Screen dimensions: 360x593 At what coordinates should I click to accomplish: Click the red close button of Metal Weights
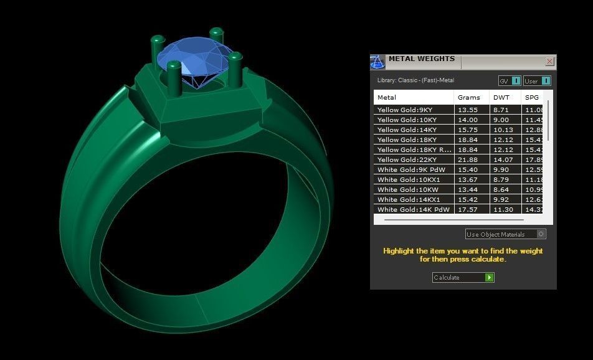coord(549,61)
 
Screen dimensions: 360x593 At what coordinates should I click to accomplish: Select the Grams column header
coord(469,97)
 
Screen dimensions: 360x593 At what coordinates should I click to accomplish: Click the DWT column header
coord(501,97)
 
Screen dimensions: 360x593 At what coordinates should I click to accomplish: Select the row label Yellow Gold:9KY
coord(404,110)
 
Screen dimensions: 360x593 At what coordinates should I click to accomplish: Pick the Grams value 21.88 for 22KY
coord(468,159)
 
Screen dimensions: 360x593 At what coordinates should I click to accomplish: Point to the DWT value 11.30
coord(503,209)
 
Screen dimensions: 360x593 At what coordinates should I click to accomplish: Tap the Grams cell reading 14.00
coord(468,120)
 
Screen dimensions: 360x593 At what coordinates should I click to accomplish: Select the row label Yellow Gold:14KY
coord(406,130)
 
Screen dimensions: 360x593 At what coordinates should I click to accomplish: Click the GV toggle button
coord(510,81)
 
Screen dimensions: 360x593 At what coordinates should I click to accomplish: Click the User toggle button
coord(537,81)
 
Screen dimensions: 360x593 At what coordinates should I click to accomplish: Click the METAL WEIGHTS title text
coord(422,59)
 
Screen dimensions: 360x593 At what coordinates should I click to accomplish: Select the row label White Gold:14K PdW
coord(413,209)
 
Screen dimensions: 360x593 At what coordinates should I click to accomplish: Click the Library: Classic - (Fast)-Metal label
coord(415,80)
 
